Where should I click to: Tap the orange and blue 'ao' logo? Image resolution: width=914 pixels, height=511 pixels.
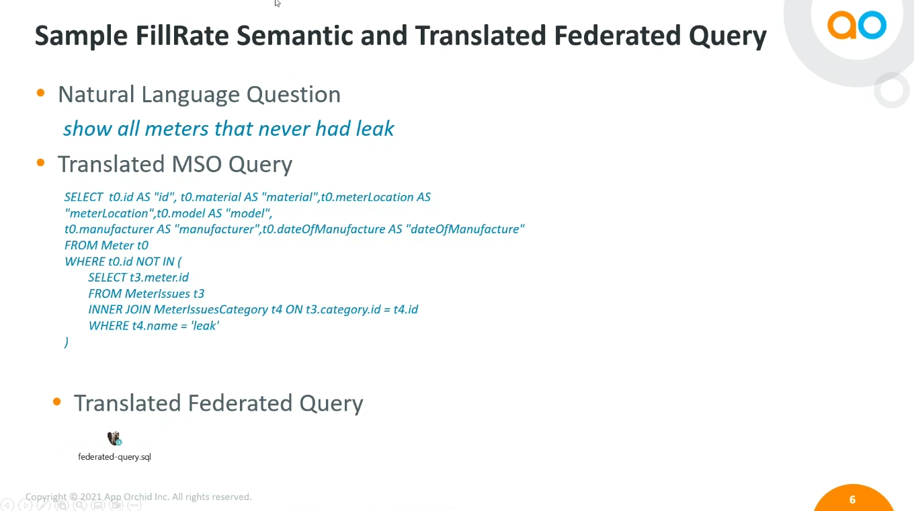857,26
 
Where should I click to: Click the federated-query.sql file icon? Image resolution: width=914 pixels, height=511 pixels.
114,438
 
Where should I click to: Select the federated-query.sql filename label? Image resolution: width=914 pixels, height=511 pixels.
115,457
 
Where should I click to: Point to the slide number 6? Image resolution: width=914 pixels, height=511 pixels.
852,500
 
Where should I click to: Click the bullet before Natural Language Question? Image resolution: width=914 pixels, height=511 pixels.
40,93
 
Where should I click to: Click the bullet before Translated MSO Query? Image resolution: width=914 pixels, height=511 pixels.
40,163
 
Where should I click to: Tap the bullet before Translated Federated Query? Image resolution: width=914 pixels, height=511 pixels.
56,401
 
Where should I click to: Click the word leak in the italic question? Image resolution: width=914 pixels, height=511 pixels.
375,128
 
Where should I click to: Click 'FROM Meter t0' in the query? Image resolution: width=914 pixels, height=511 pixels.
106,245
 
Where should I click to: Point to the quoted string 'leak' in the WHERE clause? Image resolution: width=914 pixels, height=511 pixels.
205,325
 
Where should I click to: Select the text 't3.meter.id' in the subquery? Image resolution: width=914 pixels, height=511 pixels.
159,278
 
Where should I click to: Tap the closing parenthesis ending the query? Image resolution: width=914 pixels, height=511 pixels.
67,342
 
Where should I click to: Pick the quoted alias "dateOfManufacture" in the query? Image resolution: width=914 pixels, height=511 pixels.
465,229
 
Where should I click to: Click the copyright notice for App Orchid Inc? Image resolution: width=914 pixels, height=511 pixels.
138,497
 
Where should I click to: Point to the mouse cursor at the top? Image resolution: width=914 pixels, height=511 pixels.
278,3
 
